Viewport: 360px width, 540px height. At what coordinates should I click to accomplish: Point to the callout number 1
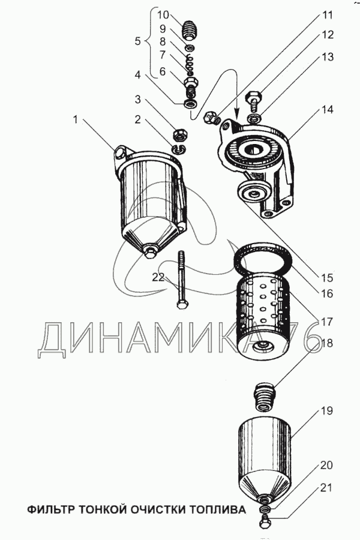(76, 120)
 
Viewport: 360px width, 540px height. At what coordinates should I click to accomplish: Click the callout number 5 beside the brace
(137, 41)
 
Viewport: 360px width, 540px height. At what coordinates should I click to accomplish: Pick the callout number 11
(327, 15)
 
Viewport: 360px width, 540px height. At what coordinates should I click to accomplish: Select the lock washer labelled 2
(179, 148)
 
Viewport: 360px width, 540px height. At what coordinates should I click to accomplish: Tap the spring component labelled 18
(266, 396)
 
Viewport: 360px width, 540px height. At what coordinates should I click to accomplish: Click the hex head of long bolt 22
(182, 304)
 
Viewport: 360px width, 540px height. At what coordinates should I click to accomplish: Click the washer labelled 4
(191, 104)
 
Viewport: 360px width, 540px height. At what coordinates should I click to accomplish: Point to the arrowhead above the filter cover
(236, 113)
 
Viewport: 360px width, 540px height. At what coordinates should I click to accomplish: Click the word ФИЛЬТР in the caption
(52, 509)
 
